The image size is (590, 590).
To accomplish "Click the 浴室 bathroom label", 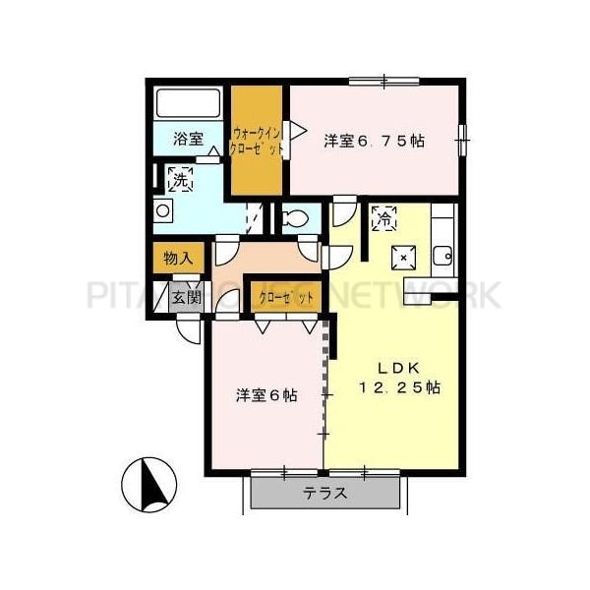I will click(189, 139).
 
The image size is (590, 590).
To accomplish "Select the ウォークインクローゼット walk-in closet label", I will click(257, 140).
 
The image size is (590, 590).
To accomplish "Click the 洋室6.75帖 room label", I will click(375, 140).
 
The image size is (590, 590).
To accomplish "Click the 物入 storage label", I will click(177, 259).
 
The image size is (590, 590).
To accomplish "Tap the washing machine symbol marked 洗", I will click(180, 178).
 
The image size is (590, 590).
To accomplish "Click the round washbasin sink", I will click(163, 209).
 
